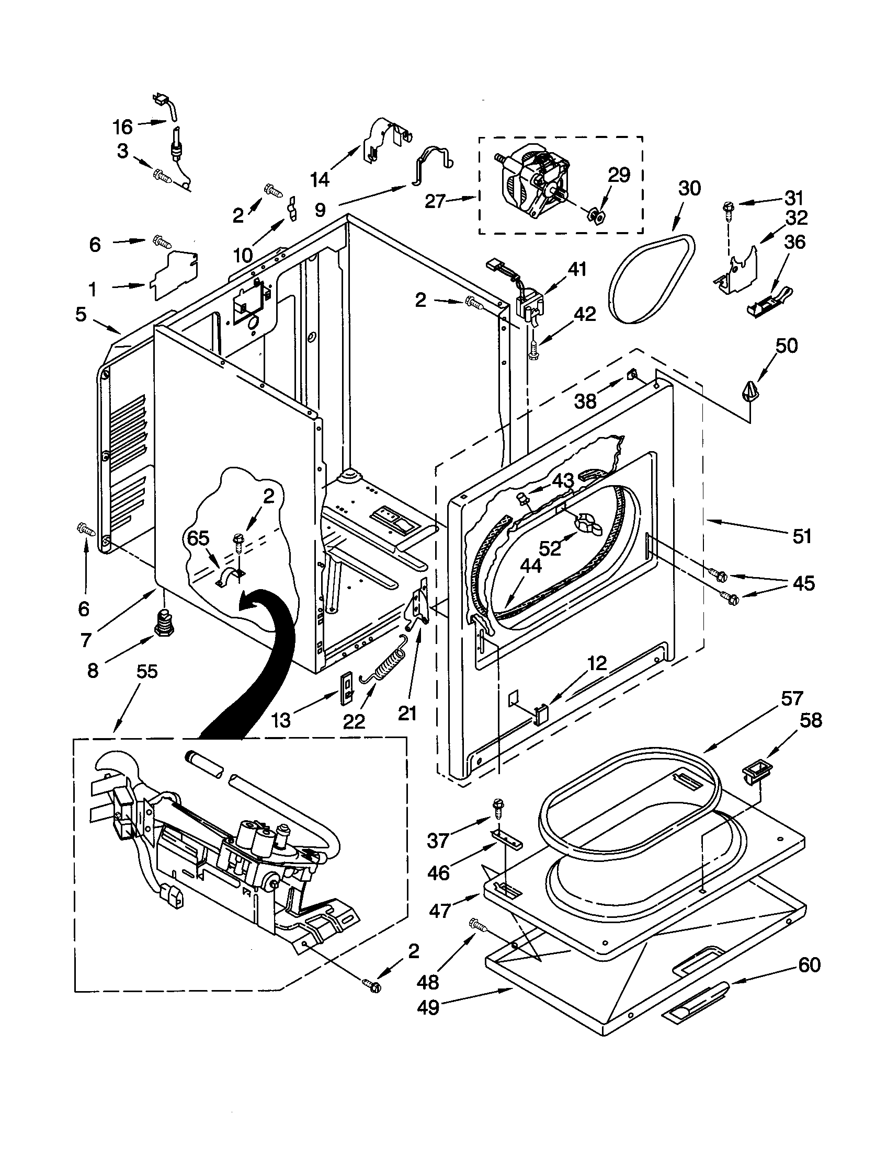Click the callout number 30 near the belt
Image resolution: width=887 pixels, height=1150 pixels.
(x=689, y=188)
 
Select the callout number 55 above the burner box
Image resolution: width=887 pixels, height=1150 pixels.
(x=147, y=672)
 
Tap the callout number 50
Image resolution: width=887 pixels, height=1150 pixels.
(x=787, y=346)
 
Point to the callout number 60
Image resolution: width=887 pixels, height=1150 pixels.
(x=809, y=965)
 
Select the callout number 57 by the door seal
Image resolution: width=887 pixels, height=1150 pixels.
(x=791, y=699)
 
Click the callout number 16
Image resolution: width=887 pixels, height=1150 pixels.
(x=122, y=126)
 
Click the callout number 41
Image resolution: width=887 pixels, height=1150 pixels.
(x=576, y=270)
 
